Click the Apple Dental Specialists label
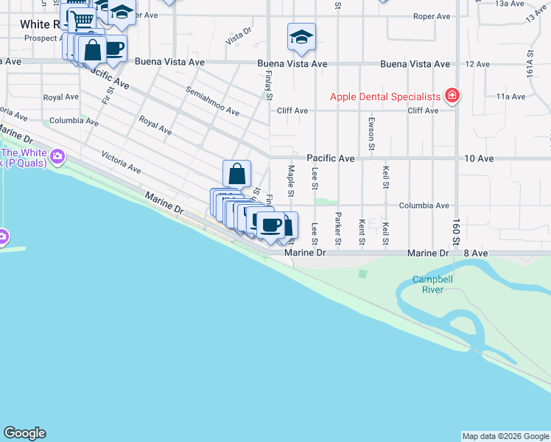(385, 97)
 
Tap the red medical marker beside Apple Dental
(452, 96)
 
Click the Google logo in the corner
(24, 434)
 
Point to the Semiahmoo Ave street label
(212, 101)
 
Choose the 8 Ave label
(476, 253)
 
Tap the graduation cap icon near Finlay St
(301, 37)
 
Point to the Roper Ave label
(432, 15)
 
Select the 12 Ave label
(477, 64)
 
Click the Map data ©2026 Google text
(505, 436)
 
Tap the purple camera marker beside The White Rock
(57, 156)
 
